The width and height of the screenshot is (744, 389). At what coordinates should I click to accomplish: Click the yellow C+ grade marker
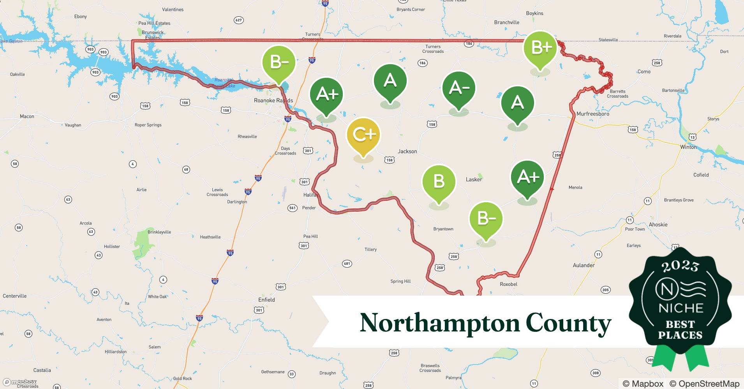click(x=363, y=135)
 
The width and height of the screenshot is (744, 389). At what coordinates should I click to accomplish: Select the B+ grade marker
click(x=540, y=48)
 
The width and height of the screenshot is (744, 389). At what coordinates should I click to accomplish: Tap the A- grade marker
click(x=459, y=88)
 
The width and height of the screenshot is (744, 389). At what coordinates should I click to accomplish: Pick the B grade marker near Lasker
click(x=439, y=182)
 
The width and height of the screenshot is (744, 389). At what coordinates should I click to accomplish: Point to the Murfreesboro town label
click(x=592, y=114)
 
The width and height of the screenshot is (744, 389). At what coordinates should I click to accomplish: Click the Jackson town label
click(x=407, y=151)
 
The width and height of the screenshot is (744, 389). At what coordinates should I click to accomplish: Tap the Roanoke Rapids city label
click(x=273, y=100)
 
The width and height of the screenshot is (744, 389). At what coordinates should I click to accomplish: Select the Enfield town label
click(x=266, y=300)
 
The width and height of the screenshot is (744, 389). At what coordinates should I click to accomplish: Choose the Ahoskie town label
click(x=658, y=224)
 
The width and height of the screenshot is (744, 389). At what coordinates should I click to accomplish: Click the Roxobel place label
click(x=508, y=284)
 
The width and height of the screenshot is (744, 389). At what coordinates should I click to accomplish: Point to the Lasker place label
click(x=474, y=179)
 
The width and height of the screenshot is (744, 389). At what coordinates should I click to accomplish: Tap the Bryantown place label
click(x=443, y=229)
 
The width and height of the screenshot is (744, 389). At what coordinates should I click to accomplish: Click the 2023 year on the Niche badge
click(x=680, y=266)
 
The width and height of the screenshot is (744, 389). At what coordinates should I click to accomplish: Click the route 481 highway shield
click(x=347, y=263)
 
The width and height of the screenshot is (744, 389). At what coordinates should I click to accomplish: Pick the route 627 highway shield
click(x=238, y=20)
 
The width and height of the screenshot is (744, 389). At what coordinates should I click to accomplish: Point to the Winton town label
click(x=688, y=147)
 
